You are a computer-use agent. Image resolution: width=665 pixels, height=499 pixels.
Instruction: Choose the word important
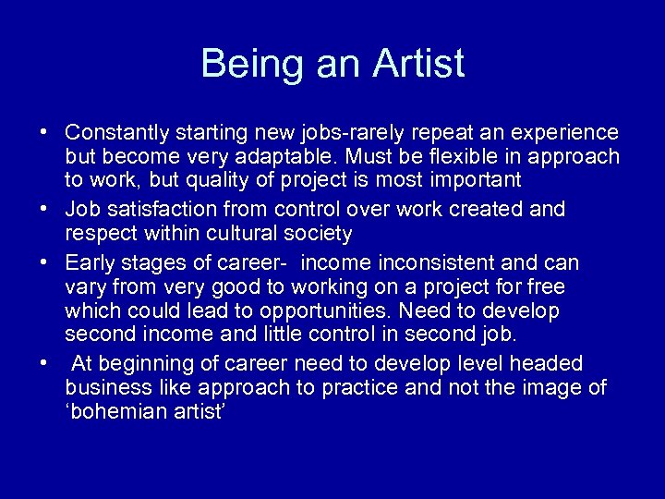click(x=469, y=179)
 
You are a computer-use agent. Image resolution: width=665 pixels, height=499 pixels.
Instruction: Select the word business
click(x=105, y=386)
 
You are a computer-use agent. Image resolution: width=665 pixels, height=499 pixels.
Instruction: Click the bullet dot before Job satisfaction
click(x=44, y=210)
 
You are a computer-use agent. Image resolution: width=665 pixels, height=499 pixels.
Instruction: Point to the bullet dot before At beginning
click(x=44, y=363)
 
